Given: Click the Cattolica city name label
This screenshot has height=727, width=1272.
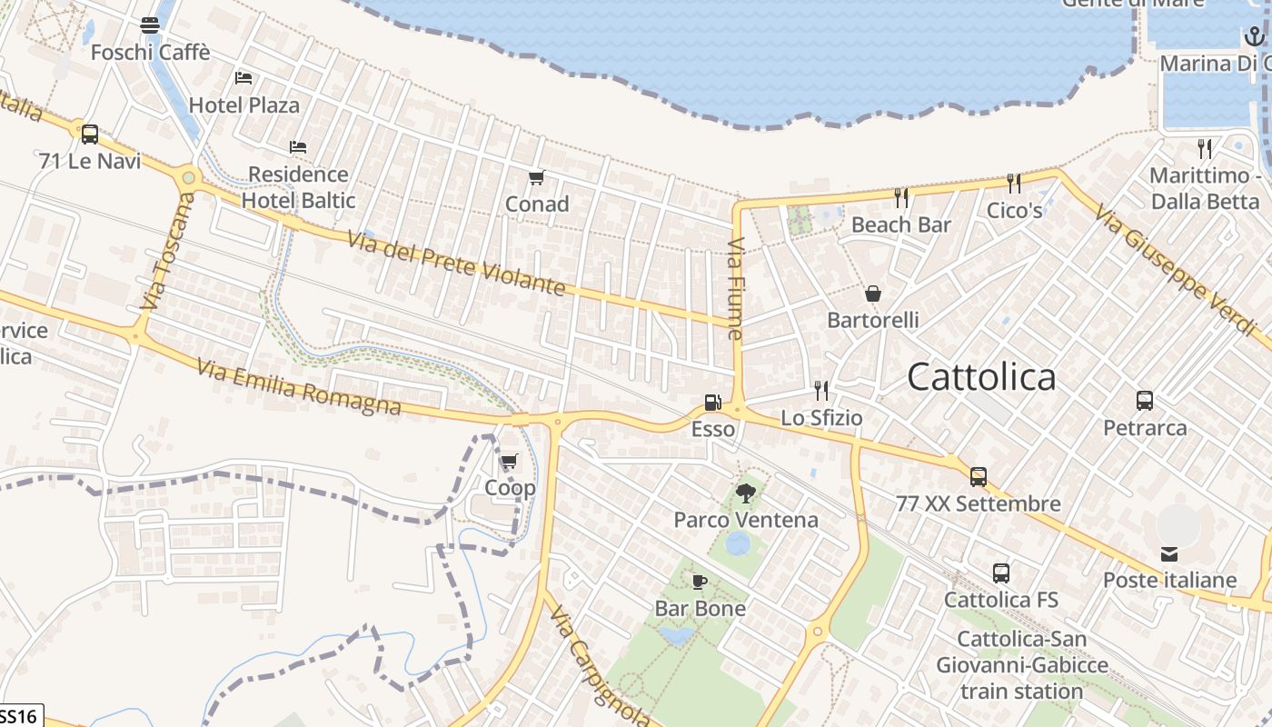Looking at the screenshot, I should [x=981, y=376].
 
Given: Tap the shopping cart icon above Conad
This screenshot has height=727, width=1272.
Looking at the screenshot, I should [x=537, y=177].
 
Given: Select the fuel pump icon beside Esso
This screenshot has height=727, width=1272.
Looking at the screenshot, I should [x=713, y=402].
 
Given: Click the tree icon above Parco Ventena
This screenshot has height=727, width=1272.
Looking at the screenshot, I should [x=746, y=493].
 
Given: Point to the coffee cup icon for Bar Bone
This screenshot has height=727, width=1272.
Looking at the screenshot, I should [x=699, y=582].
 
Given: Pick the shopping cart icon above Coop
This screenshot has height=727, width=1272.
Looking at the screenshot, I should [x=509, y=462].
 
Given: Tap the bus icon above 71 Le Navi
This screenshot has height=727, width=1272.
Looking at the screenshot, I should [x=89, y=134].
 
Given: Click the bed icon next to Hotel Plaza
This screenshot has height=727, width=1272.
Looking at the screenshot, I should [x=243, y=78].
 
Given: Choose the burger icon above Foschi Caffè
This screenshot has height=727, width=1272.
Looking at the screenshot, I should [x=150, y=25].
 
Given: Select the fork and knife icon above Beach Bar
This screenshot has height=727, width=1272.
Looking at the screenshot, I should [x=901, y=197].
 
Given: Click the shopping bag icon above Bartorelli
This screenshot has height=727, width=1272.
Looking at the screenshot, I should [x=873, y=293].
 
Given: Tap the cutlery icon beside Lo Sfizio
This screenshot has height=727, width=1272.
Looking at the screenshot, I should [x=821, y=391].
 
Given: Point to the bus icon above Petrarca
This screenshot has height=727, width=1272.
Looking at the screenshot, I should [x=1145, y=400].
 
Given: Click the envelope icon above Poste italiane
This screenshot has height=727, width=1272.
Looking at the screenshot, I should [x=1169, y=553].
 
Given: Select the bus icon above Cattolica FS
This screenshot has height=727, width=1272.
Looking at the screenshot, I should [x=1000, y=573].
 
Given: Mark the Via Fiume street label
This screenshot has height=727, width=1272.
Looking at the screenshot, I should [x=737, y=289].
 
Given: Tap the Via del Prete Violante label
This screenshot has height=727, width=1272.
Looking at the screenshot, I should [x=456, y=264].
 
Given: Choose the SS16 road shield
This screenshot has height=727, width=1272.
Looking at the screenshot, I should [x=19, y=716].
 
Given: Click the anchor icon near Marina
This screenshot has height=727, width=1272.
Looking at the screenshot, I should [x=1254, y=36].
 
